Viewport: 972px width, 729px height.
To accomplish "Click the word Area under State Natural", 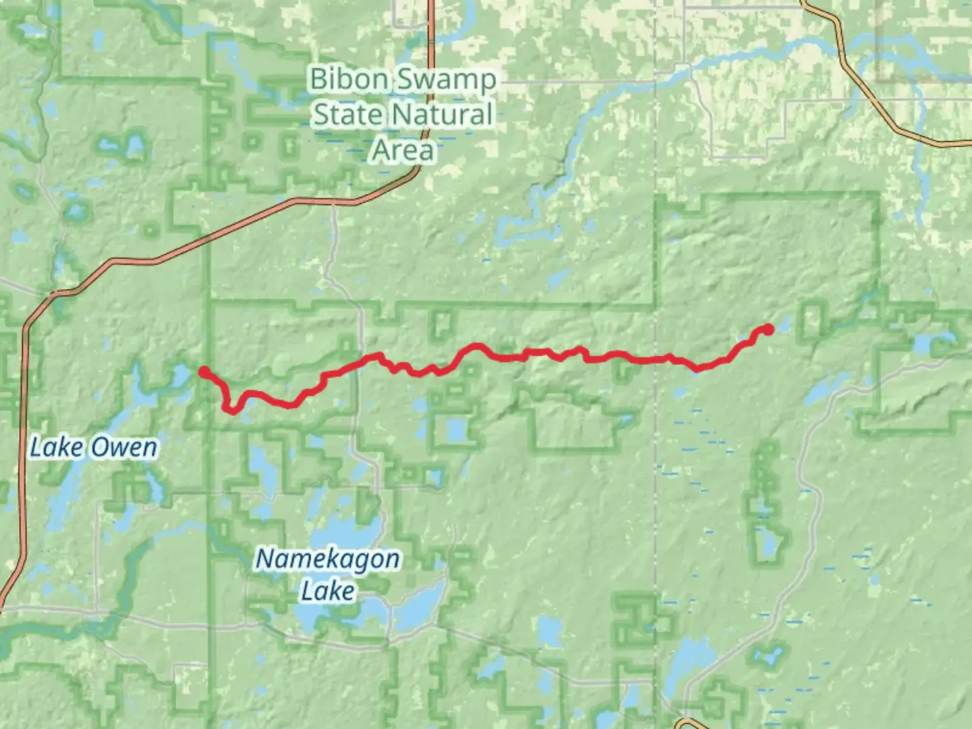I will (402, 149).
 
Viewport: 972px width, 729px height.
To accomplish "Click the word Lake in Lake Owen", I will (57, 447).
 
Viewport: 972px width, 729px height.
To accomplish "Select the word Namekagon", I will (327, 559).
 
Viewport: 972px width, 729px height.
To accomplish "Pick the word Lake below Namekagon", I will (327, 591).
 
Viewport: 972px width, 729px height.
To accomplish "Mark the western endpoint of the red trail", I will (203, 371).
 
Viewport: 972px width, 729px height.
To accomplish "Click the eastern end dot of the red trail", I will (767, 329).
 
